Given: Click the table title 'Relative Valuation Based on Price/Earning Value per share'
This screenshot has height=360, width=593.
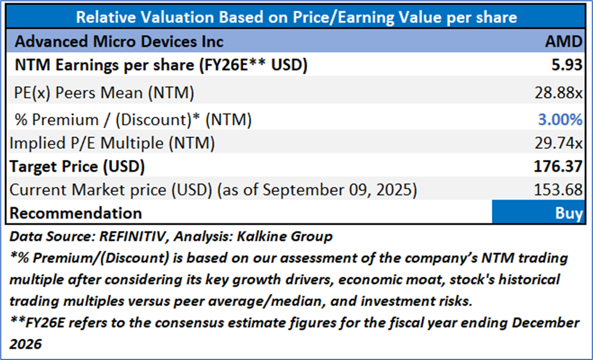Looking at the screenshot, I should pos(296,17).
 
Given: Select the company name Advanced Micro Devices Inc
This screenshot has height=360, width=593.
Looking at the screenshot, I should pos(119,41).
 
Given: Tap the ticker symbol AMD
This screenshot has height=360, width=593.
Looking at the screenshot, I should pos(565,41).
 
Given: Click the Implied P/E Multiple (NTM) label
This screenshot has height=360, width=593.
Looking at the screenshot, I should pos(117,144).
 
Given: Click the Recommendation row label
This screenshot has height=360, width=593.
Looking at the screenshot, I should pos(76,213).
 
